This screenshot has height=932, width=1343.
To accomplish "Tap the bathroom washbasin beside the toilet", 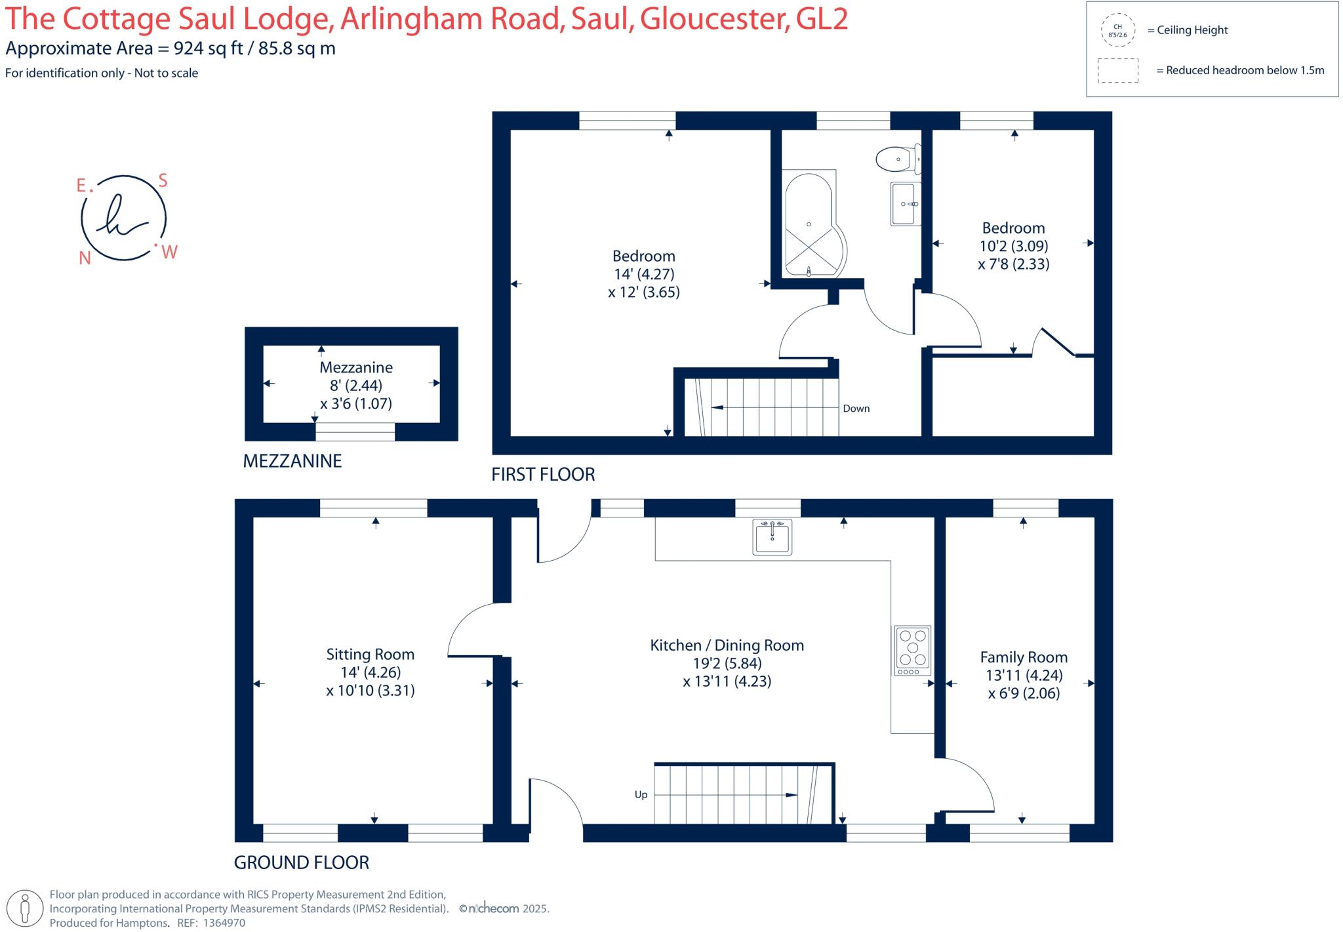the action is point(906,204).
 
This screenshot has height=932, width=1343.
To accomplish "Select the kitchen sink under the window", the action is point(772,537).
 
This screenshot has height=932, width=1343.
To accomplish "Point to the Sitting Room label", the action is point(370,654).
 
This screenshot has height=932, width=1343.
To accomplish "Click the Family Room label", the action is point(1023,657).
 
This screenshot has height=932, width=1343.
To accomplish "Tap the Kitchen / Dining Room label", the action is point(727,645).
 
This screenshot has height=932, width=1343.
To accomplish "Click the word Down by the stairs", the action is point(856,408).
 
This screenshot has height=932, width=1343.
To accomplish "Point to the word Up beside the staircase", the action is point(641,794).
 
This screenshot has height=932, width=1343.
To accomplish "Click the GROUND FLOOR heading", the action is point(302,862).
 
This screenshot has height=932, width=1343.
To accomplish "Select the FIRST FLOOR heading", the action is point(543,474).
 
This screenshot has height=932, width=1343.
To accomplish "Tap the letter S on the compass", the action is point(163,181).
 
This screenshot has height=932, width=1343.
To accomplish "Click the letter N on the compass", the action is point(85,258).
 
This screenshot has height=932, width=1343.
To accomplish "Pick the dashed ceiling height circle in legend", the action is point(1117,31).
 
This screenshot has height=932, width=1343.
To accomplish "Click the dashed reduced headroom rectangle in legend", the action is point(1117,71).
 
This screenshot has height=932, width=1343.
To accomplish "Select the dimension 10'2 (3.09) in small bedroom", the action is point(1013,246).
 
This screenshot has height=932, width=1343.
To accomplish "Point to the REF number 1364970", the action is point(224,923).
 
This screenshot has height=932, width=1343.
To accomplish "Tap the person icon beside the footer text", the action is point(26,908).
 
